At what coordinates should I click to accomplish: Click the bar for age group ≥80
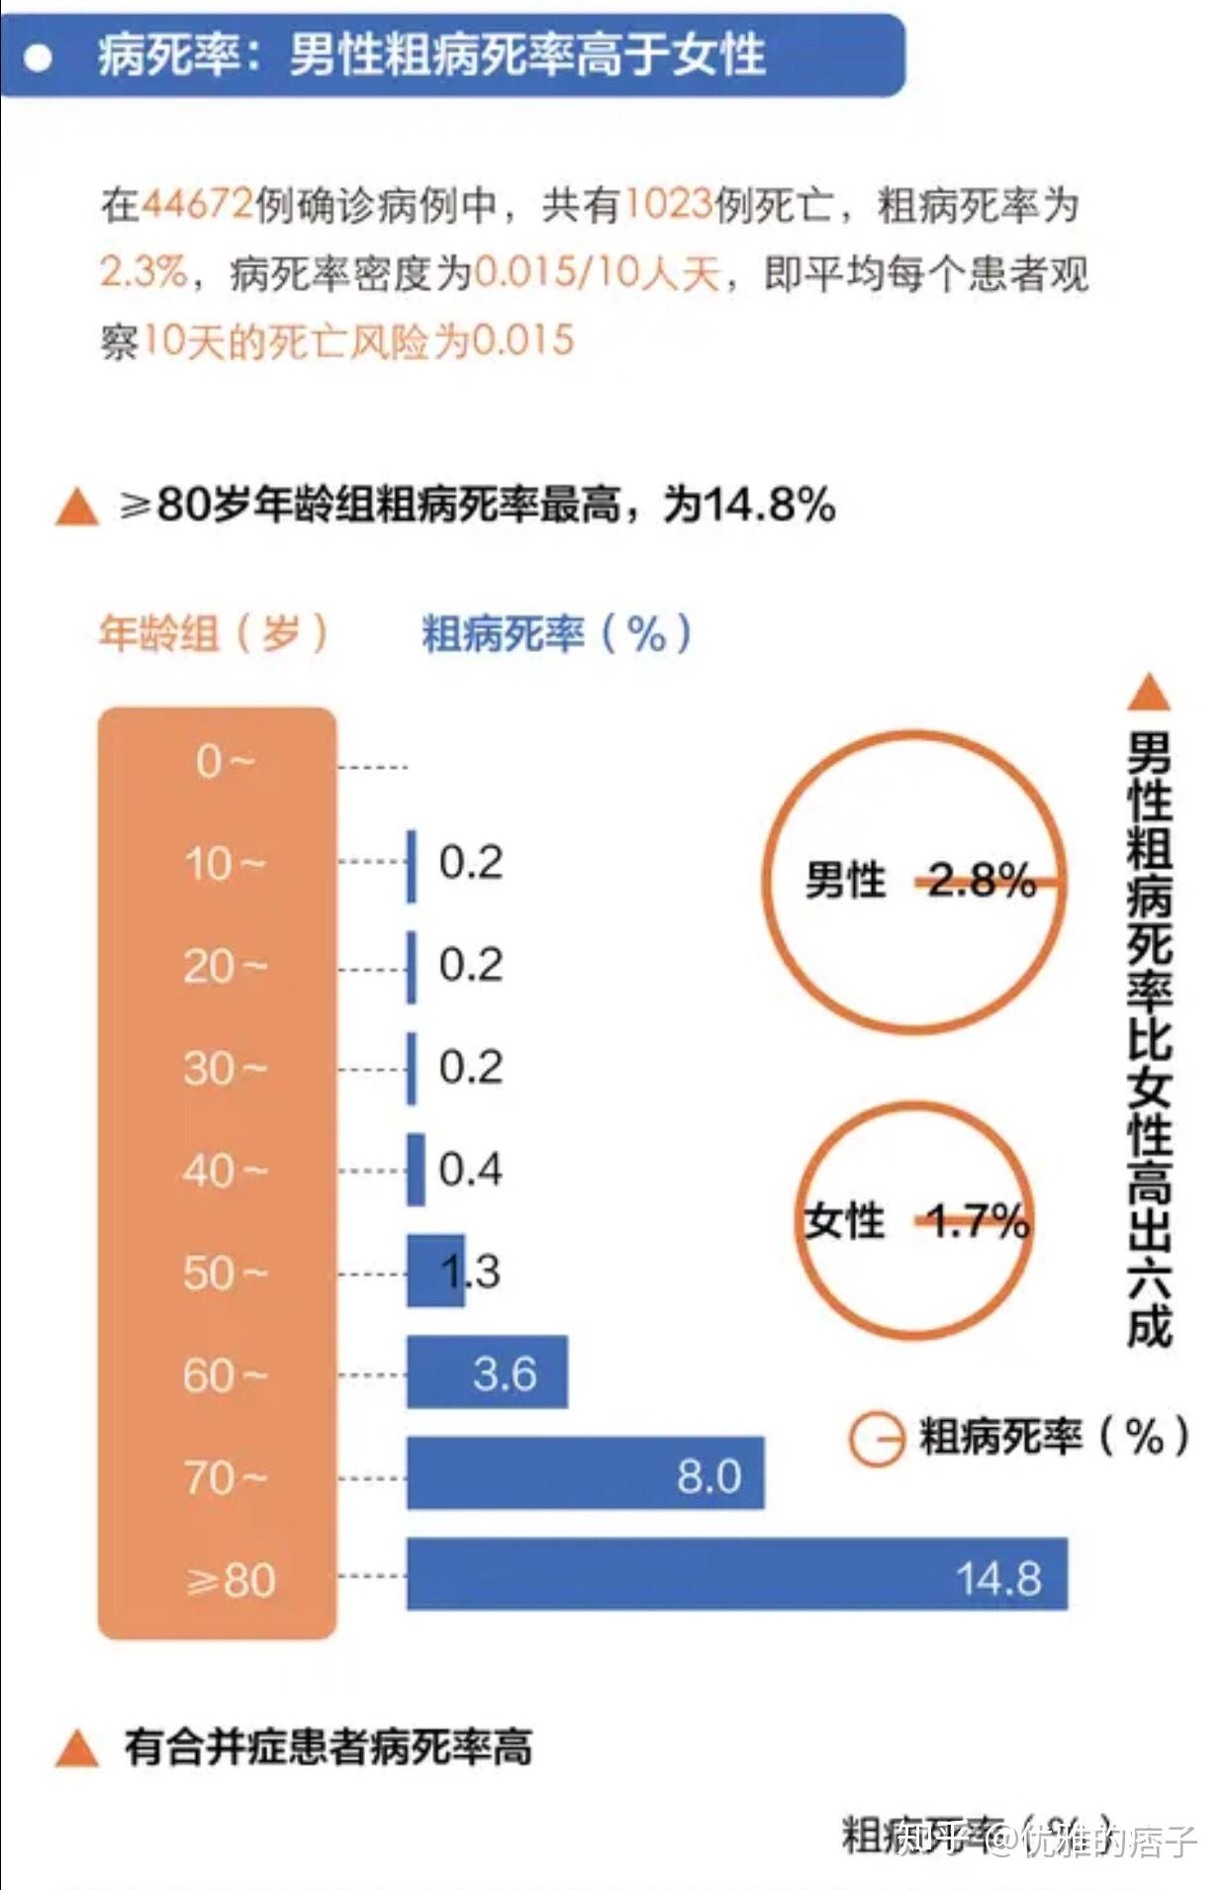pyautogui.click(x=736, y=1573)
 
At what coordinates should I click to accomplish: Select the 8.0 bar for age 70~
pyautogui.click(x=585, y=1473)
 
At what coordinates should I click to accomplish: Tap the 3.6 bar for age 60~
pyautogui.click(x=487, y=1371)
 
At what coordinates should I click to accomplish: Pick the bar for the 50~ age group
pyautogui.click(x=435, y=1271)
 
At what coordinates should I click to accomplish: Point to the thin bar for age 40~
pyautogui.click(x=417, y=1170)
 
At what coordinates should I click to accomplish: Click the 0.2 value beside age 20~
pyautogui.click(x=471, y=965)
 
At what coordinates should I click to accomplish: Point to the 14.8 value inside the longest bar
pyautogui.click(x=998, y=1578)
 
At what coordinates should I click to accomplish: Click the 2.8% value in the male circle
pyautogui.click(x=982, y=880)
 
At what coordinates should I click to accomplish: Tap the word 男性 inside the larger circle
pyautogui.click(x=845, y=880)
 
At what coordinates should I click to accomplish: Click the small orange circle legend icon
pyautogui.click(x=876, y=1438)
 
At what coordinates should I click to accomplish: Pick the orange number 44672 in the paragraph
pyautogui.click(x=198, y=205)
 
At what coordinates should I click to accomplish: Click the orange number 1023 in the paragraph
pyautogui.click(x=669, y=205)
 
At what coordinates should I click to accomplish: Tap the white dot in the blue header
pyautogui.click(x=39, y=58)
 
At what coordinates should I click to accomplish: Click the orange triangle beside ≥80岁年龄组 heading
pyautogui.click(x=77, y=508)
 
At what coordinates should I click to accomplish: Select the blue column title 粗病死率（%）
pyautogui.click(x=556, y=633)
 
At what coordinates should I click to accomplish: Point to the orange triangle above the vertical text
pyautogui.click(x=1149, y=694)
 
